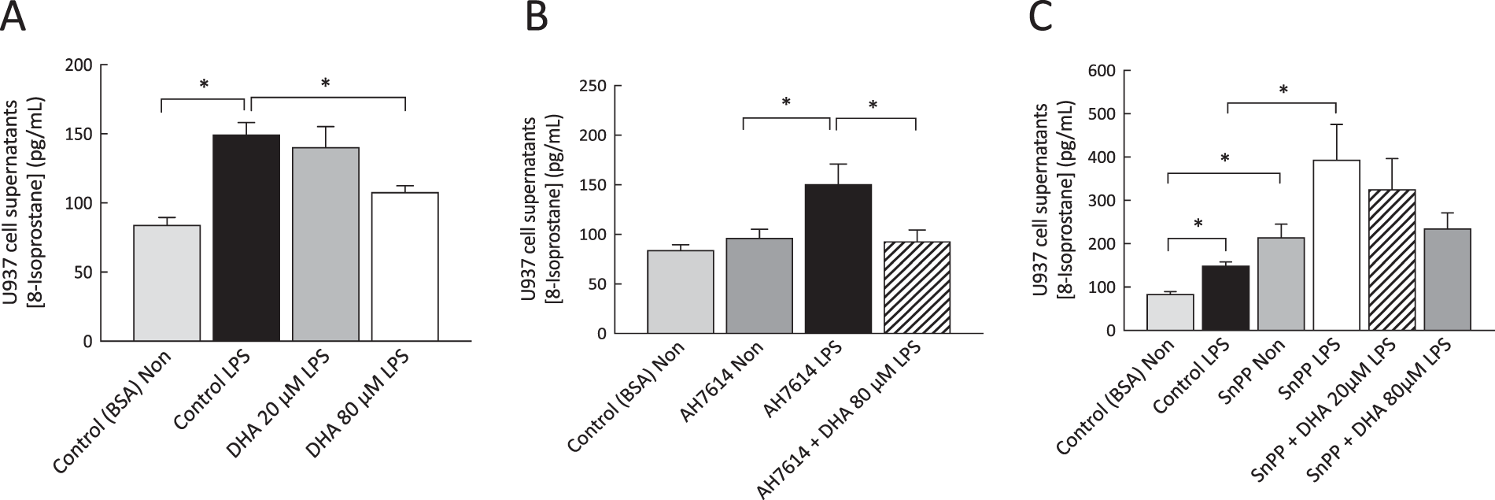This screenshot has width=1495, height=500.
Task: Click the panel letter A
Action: click(13, 17)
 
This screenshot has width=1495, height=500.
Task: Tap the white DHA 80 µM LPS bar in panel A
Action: click(404, 267)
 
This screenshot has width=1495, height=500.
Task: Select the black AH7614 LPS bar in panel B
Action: click(838, 259)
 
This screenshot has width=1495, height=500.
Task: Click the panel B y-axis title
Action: click(539, 209)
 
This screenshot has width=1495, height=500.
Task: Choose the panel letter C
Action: click(1040, 17)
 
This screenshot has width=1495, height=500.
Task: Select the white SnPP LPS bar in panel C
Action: click(1336, 245)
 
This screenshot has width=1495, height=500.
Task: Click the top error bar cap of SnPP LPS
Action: click(1336, 124)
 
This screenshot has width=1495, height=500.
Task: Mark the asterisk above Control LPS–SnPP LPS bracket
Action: click(1283, 90)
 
